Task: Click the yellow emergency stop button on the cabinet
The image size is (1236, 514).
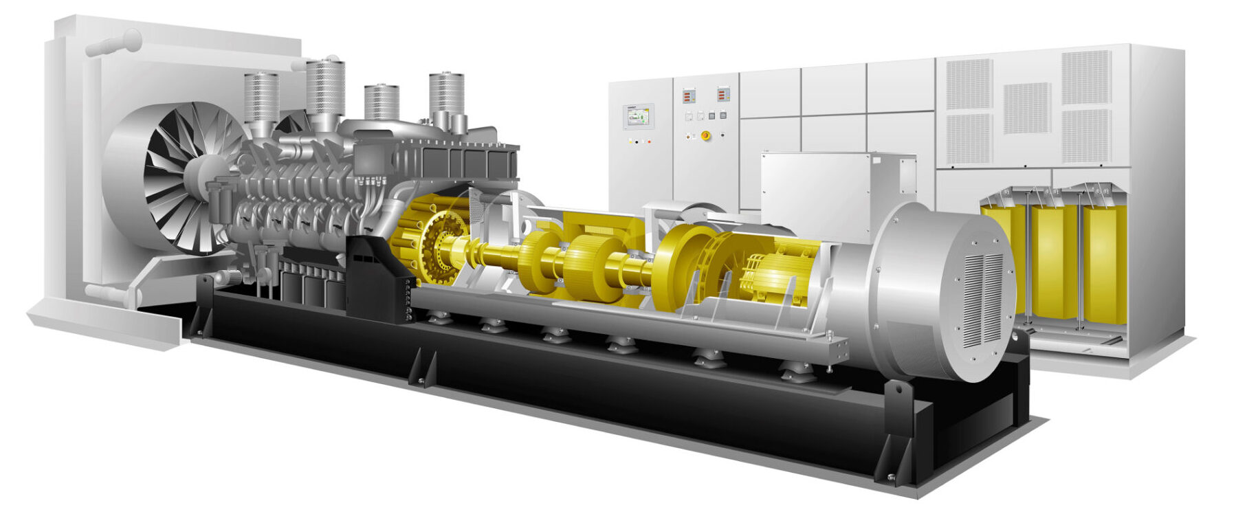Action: (x=705, y=135)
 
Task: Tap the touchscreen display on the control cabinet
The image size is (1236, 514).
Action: (x=637, y=117)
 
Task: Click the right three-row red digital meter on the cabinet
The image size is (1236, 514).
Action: (x=722, y=94)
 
